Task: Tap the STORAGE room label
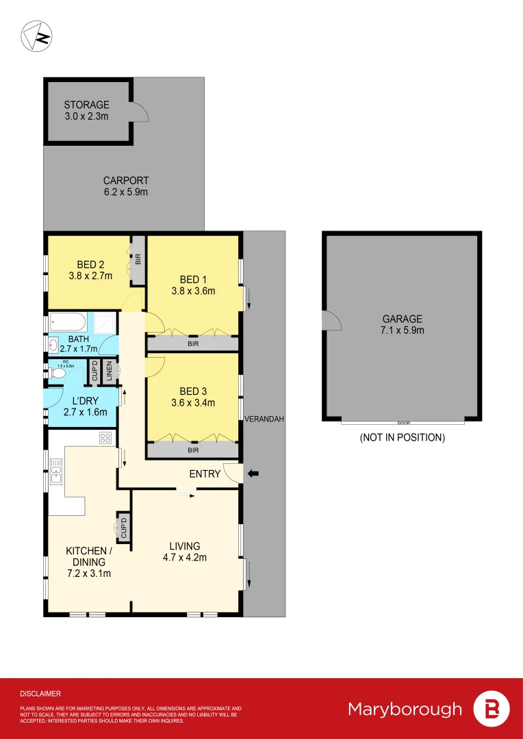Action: (86, 105)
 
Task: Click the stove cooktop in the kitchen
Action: (105, 438)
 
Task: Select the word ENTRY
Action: (205, 474)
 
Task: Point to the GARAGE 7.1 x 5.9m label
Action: (403, 324)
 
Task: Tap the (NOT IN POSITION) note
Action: (403, 437)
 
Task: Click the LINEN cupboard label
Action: (108, 372)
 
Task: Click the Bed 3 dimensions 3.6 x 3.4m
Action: (194, 403)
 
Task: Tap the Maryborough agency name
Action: (405, 709)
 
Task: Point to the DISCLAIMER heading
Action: (40, 693)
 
